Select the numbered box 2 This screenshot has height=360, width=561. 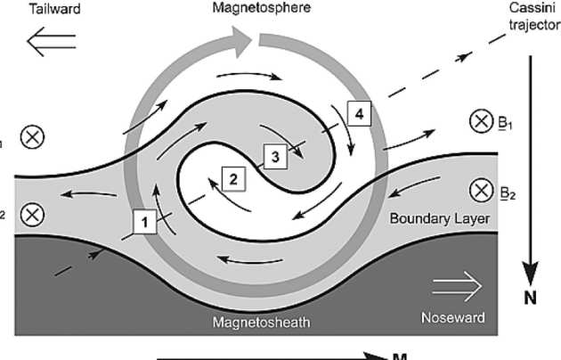pyautogui.click(x=233, y=178)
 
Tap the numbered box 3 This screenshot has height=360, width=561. pyautogui.click(x=276, y=156)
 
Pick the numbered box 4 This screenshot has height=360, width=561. pyautogui.click(x=358, y=114)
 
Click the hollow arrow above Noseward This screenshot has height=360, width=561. pyautogui.click(x=457, y=287)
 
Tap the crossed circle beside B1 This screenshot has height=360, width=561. pyautogui.click(x=483, y=122)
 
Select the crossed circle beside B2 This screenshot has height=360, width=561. pyautogui.click(x=483, y=189)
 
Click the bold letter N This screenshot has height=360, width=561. pyautogui.click(x=530, y=299)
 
